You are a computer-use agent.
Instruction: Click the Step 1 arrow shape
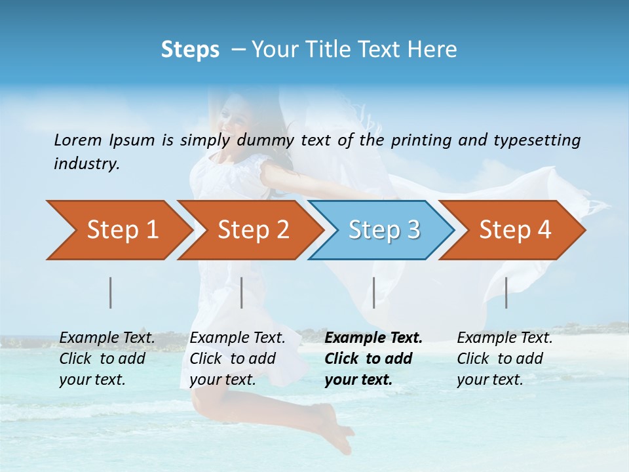pos(121,230)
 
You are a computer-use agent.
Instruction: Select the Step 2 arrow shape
pos(252,230)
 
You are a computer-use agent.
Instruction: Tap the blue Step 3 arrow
pos(383,230)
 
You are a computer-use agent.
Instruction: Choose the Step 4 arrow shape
pos(514,230)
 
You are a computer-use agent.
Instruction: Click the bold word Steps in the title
pos(190,50)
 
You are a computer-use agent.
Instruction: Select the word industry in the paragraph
pos(86,163)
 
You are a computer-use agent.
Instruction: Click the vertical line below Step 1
pos(111,293)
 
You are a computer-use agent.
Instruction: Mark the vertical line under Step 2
pos(242,293)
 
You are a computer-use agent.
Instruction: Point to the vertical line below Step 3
pos(374,293)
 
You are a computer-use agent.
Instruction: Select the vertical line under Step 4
pos(506,293)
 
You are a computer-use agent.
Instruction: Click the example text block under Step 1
pos(106,359)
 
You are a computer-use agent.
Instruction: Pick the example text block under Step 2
pos(237,359)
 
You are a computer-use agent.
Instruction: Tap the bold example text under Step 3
pos(372,359)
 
